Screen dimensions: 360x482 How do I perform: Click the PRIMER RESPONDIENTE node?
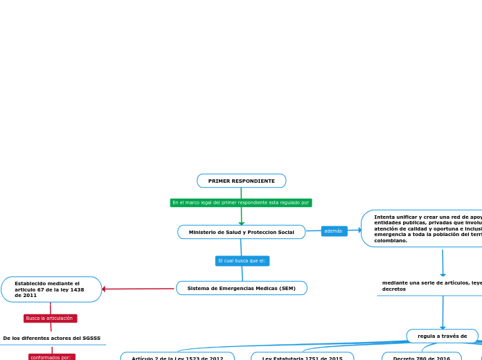point(241,181)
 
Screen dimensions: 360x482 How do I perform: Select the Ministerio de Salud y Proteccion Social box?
point(241,232)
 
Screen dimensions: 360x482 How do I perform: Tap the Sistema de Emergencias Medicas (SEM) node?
point(241,288)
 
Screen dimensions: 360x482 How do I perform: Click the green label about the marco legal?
point(241,203)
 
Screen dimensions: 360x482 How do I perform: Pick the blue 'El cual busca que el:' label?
point(242,261)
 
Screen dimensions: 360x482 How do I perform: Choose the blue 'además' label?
point(334,231)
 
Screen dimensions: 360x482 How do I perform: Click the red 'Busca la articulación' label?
point(50,318)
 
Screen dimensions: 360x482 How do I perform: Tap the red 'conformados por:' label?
point(52,357)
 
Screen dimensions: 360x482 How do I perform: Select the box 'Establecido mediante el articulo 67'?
point(51,289)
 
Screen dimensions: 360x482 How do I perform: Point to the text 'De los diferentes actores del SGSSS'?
point(52,339)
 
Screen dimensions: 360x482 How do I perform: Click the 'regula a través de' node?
point(442,336)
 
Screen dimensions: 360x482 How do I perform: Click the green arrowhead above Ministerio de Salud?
point(241,222)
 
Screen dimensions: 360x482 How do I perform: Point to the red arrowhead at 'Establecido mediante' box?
point(104,289)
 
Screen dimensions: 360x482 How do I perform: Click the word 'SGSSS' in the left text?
point(91,339)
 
